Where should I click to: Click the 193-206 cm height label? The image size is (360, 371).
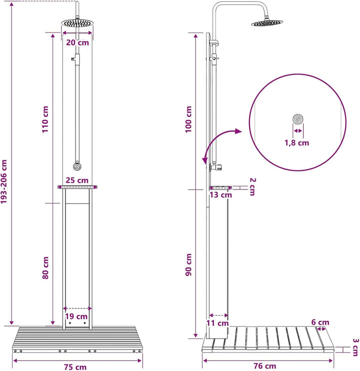[4, 181]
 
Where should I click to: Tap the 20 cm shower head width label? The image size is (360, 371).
[77, 42]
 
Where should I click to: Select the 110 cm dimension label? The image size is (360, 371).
[45, 119]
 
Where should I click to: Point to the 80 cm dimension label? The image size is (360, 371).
[45, 267]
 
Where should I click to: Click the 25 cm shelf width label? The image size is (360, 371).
[77, 180]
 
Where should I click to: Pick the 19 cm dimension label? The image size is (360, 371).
[76, 316]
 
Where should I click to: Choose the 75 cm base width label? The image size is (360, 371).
[75, 367]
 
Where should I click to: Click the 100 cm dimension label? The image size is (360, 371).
[188, 119]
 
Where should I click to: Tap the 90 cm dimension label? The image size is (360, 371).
[188, 264]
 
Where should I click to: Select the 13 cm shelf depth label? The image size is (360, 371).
[220, 195]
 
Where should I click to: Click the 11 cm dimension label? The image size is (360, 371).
[217, 323]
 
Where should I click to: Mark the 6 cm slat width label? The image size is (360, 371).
[320, 322]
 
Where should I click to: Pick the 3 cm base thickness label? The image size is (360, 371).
[355, 347]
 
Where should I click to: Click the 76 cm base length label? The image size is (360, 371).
[265, 366]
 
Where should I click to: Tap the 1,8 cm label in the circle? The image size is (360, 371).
[296, 142]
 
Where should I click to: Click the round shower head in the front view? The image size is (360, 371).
[77, 23]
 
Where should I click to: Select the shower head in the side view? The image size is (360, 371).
[267, 23]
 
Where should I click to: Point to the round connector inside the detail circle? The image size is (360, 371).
[298, 119]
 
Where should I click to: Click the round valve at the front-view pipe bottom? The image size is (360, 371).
[77, 166]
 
